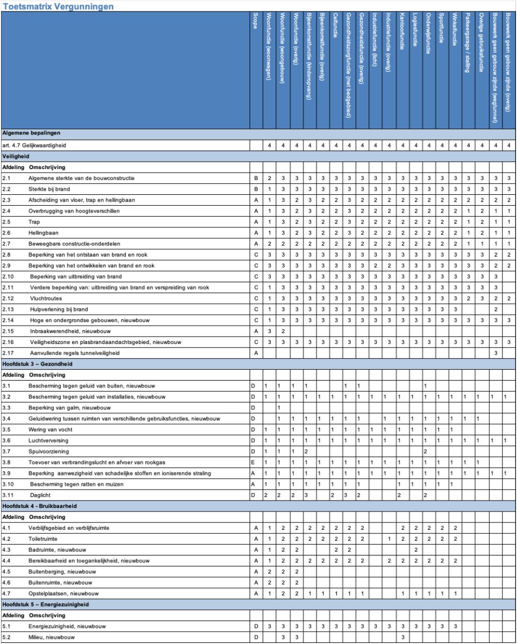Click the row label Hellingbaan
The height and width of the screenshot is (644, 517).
click(42, 231)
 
